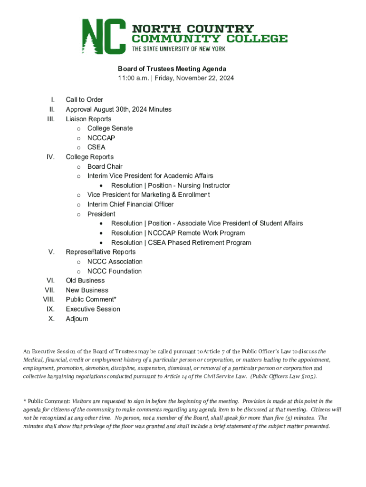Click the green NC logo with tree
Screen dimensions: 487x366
coord(104,36)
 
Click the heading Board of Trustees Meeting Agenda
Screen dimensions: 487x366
coord(172,69)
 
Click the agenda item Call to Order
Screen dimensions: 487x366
coord(85,100)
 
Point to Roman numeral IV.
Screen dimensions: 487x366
coord(51,157)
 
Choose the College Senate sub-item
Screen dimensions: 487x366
coord(110,128)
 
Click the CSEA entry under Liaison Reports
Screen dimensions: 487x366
coord(96,147)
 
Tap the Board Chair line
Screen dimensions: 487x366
coord(105,166)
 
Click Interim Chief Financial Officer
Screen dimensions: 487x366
coord(130,205)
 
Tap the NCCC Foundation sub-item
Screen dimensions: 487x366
coord(114,271)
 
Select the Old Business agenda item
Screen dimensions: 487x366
coord(85,281)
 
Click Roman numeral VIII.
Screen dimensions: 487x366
coord(49,300)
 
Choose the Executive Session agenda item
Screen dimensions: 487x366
coord(93,309)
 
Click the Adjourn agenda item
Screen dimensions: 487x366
coord(77,319)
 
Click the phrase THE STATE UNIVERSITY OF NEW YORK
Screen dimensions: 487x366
coord(178,49)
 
